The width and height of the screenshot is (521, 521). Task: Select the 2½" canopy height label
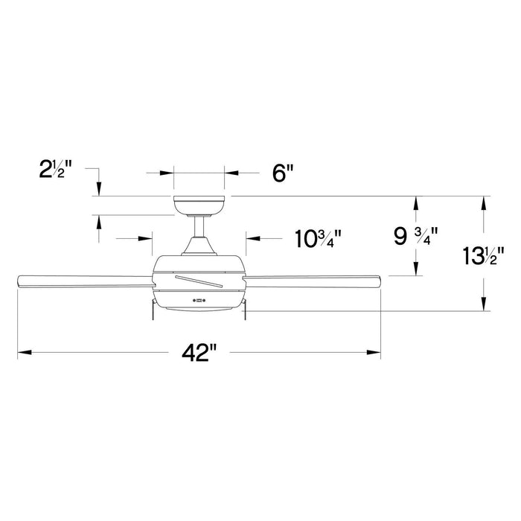tap(61, 170)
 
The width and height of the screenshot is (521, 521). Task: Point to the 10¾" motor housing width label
tap(318, 239)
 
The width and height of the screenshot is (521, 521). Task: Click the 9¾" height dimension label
tap(415, 237)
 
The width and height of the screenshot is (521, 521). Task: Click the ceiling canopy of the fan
tap(199, 205)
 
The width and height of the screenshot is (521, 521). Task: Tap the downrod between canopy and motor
tap(199, 226)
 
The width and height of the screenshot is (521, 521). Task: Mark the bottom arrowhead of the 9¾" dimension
tap(417, 269)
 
